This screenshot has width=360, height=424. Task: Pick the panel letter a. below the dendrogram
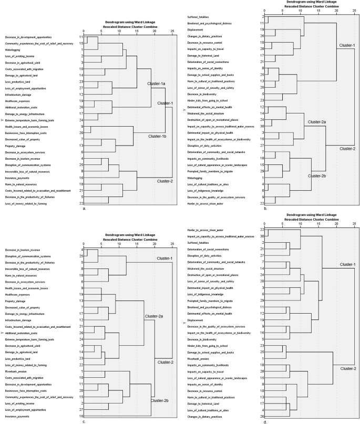[85, 209]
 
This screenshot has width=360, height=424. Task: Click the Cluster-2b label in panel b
[317, 161]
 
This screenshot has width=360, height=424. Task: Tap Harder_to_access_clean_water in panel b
[206, 203]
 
